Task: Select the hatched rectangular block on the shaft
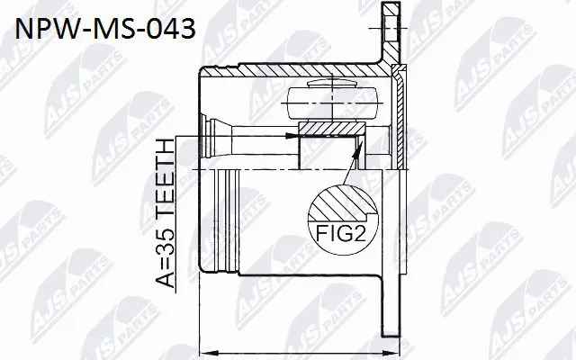coord(329,143)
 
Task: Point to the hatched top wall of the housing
coord(297,71)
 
